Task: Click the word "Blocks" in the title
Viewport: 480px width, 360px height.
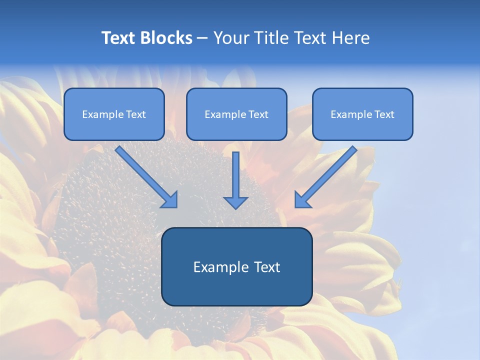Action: point(166,38)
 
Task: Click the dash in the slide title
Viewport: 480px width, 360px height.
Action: point(202,38)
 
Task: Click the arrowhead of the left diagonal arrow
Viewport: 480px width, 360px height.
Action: point(170,200)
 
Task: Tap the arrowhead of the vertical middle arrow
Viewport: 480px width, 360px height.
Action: point(235,202)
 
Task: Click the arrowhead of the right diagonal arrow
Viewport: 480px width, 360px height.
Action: point(302,200)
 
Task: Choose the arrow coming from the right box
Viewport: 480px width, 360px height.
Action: point(327,175)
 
